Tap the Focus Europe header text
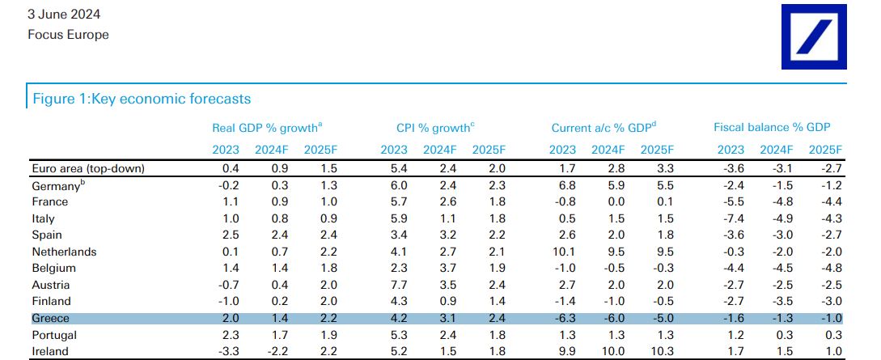pyautogui.click(x=68, y=35)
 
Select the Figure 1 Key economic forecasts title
pyautogui.click(x=141, y=99)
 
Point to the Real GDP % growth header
pyautogui.click(x=267, y=128)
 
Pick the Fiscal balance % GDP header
pyautogui.click(x=772, y=128)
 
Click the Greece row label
pyautogui.click(x=50, y=318)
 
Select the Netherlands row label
pyautogui.click(x=64, y=252)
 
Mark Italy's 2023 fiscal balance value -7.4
pyautogui.click(x=730, y=218)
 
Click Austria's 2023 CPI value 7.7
pyautogui.click(x=395, y=285)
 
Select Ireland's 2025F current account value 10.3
pyautogui.click(x=660, y=351)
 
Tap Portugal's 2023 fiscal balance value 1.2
pyautogui.click(x=731, y=335)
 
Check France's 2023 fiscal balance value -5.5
pyautogui.click(x=730, y=201)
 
